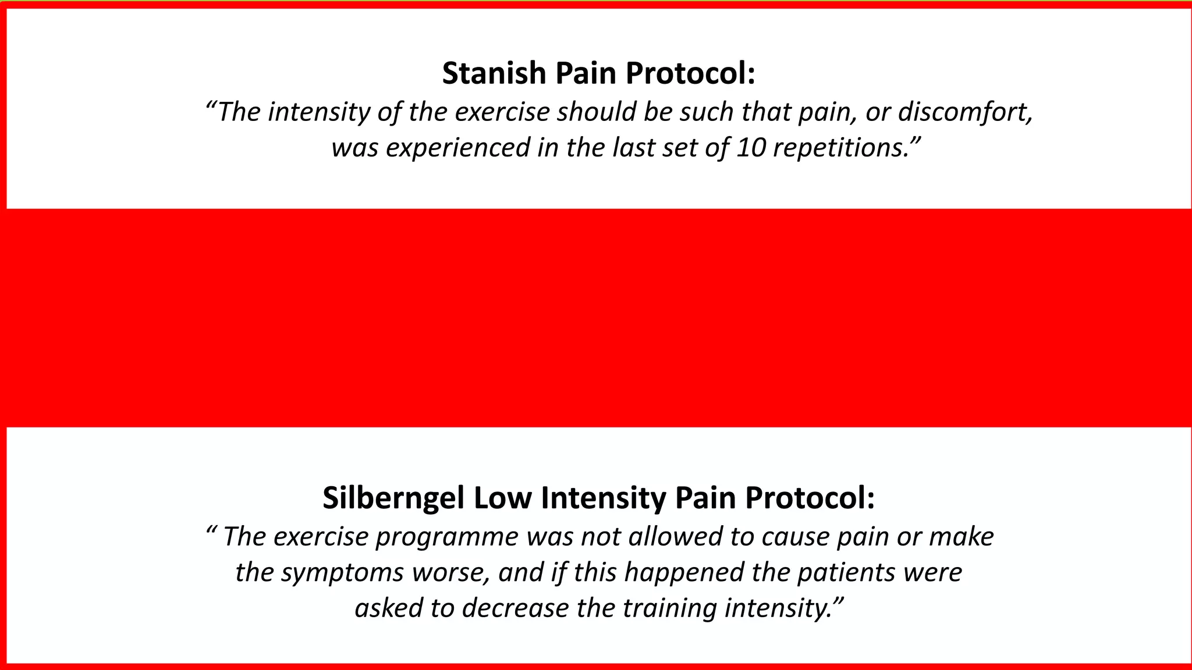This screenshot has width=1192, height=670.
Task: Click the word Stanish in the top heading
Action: coord(494,74)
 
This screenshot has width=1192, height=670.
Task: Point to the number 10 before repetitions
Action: coord(751,148)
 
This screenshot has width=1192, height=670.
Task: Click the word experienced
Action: coord(458,148)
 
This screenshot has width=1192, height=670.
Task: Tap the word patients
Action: coord(846,573)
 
